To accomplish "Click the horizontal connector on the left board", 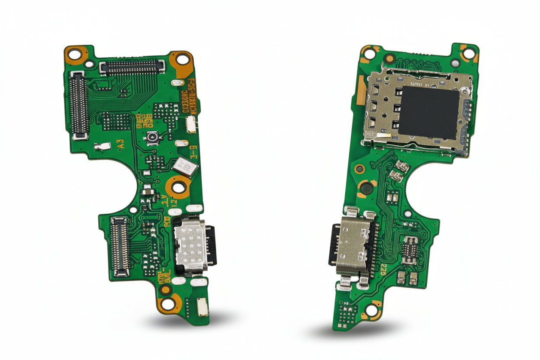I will pyautogui.click(x=132, y=67).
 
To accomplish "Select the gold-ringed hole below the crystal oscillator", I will pyautogui.click(x=179, y=187).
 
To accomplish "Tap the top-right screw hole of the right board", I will pyautogui.click(x=469, y=53).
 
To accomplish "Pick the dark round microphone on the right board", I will pyautogui.click(x=366, y=188).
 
